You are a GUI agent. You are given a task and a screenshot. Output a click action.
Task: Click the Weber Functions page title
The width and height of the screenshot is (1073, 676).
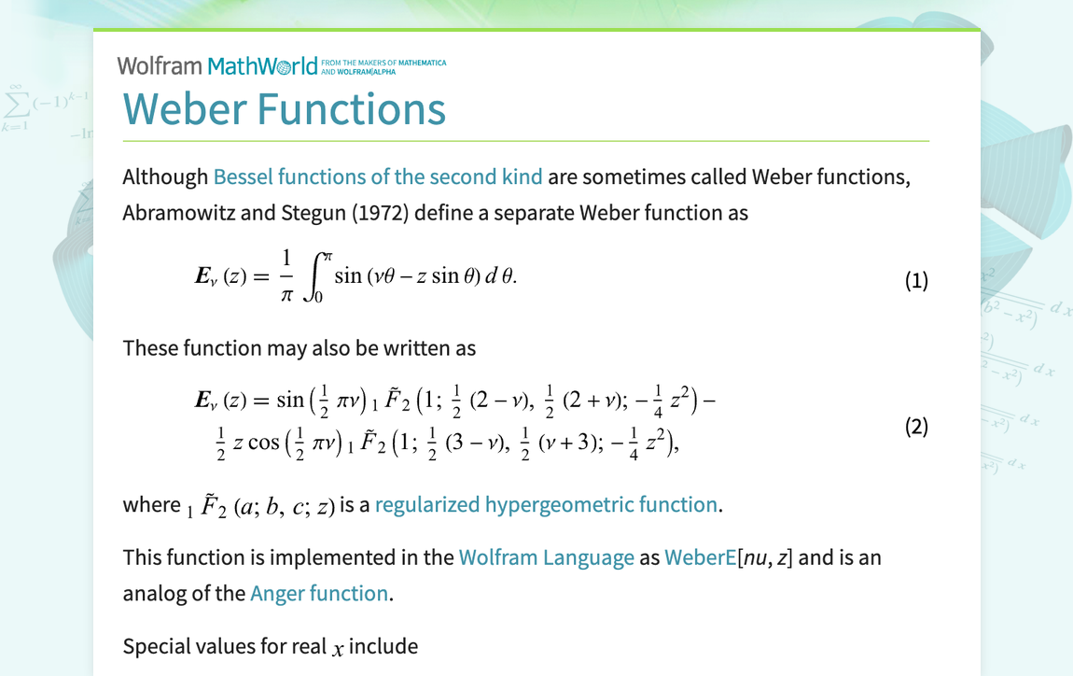pos(284,108)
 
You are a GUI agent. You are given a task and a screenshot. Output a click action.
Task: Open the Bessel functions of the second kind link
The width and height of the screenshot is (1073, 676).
pos(378,176)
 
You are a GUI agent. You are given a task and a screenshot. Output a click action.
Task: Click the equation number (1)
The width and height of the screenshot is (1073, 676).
pos(916,281)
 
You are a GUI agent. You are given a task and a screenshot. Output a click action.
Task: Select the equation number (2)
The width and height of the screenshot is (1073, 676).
pos(916,427)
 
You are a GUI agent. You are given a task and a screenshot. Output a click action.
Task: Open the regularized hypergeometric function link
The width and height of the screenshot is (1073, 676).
pos(546,505)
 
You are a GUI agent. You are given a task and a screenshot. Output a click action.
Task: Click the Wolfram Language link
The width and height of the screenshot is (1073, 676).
pos(546,558)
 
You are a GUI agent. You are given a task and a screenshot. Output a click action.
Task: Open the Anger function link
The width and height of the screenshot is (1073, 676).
pos(319,594)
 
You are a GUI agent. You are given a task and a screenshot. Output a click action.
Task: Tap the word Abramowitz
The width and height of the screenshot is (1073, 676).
pos(178,213)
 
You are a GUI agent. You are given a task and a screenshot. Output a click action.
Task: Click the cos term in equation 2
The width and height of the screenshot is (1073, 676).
pos(264,443)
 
